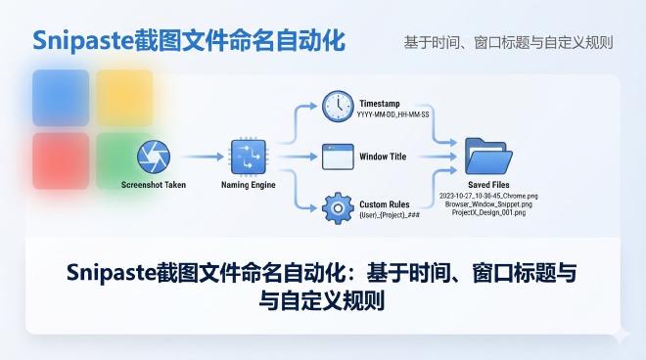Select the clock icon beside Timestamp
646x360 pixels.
[x=337, y=105]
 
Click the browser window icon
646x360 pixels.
[x=337, y=156]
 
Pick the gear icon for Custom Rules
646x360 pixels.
[x=337, y=208]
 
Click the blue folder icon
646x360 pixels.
[x=488, y=156]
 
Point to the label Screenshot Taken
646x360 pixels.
[x=154, y=184]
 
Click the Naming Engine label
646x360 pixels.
[x=249, y=184]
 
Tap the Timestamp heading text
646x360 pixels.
[x=380, y=102]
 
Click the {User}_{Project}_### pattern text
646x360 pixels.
[x=389, y=214]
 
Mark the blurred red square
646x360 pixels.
[x=61, y=160]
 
